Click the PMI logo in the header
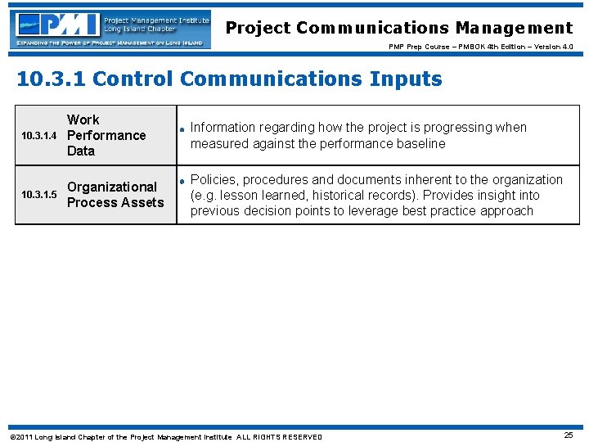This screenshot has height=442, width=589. pos(110,29)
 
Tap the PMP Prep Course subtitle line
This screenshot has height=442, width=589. pos(480,47)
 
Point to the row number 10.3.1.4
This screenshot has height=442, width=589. pos(39,136)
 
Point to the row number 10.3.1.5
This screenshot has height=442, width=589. pos(39,195)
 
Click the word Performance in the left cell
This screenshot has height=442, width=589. pos(106,135)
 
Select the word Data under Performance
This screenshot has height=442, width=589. pos(81,151)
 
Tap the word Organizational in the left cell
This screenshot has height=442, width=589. pos(112,187)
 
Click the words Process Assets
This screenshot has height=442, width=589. pos(115,202)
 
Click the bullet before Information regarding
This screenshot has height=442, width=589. pos(183,129)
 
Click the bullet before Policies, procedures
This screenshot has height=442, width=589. pos(183,180)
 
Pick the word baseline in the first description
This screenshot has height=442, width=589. pos(421,143)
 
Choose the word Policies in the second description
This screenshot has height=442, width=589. pos(213,179)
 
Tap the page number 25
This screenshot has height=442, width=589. pos(568,435)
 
